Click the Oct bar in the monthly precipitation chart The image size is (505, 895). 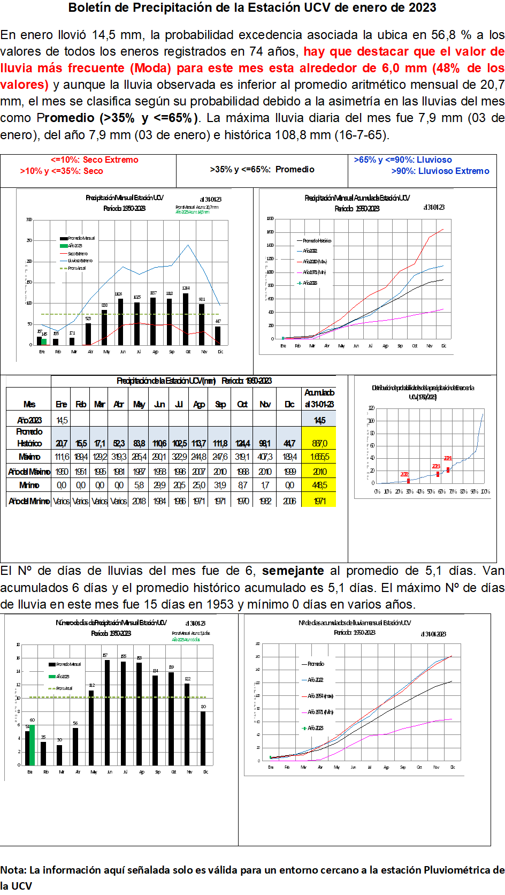(x=186, y=319)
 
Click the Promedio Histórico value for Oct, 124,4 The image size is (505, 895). (x=242, y=443)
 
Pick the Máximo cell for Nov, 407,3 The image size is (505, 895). (x=265, y=457)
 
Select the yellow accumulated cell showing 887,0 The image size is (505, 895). (x=319, y=443)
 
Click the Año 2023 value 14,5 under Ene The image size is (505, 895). (x=62, y=420)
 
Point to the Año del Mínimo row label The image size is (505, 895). (x=29, y=501)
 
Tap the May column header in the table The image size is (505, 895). (x=139, y=404)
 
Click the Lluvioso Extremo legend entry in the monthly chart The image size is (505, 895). (x=80, y=261)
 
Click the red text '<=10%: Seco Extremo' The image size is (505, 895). (x=95, y=160)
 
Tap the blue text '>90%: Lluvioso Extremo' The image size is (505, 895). (x=440, y=171)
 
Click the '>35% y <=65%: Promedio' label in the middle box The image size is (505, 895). (x=262, y=169)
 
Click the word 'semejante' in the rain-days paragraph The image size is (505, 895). (x=293, y=571)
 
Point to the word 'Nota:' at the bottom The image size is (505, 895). (x=13, y=870)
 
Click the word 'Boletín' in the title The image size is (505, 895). (x=88, y=7)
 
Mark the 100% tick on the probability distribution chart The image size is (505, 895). (x=485, y=491)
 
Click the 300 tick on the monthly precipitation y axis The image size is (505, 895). (x=29, y=219)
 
